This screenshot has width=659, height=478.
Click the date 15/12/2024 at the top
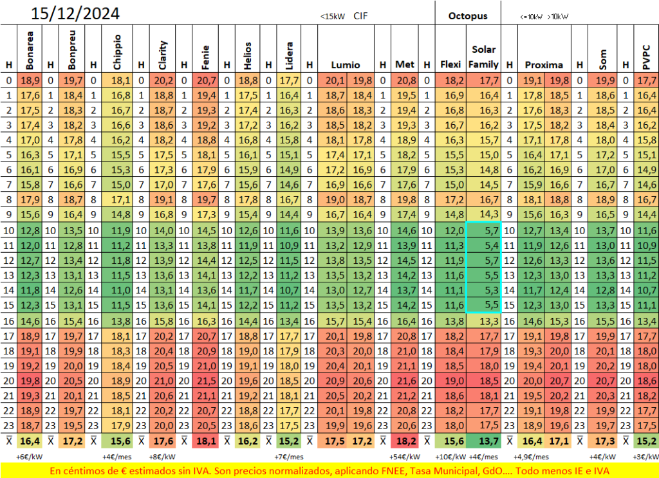pos(75,14)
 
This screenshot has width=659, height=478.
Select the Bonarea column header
pos(30,50)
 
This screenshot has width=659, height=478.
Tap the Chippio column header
pos(117,52)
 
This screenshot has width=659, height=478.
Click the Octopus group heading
pos(468,16)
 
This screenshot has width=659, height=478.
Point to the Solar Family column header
pos(483,57)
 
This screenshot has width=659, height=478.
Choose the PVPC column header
pos(646,57)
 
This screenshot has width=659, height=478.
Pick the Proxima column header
pos(544,65)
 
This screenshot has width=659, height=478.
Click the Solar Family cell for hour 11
pos(483,245)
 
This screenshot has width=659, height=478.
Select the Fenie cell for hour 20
pos(205,381)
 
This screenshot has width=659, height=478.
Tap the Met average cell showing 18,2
pos(405,441)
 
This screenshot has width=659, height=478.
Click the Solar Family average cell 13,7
pos(483,441)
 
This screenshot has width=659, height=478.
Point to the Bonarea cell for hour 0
pos(30,80)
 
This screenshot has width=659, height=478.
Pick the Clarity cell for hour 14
pos(162,290)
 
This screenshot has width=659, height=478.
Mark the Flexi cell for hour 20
pos(450,381)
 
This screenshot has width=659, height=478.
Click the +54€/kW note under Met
pos(405,457)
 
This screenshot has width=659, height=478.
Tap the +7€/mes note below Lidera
pos(289,457)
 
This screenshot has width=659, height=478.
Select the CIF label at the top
pos(360,16)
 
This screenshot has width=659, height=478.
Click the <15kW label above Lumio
pos(333,16)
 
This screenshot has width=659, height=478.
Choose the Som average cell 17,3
pos(602,441)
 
